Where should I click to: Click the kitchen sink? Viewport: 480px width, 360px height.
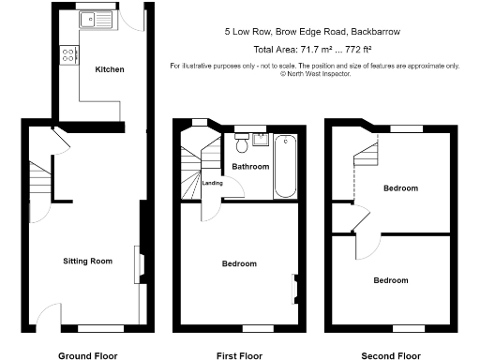96,17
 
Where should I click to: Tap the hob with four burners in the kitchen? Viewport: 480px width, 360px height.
68,55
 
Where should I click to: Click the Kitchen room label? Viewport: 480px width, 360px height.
109,69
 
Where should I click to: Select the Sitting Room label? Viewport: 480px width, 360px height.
87,261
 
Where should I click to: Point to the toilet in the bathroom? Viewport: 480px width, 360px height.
242,143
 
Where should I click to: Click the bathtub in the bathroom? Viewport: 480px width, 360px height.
284,166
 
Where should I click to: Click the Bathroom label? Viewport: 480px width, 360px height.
250,167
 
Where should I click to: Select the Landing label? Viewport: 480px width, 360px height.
212,184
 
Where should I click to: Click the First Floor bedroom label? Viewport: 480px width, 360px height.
238,263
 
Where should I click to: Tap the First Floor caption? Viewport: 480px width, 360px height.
238,355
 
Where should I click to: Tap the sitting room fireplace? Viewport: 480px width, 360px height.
138,262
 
